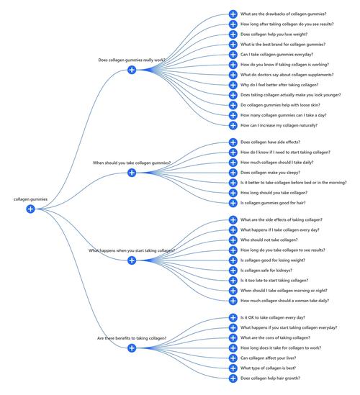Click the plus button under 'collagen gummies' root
pyautogui.click(x=30, y=209)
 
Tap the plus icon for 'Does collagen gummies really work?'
pyautogui.click(x=132, y=70)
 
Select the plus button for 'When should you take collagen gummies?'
pyautogui.click(x=132, y=173)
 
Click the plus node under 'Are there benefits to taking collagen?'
pyautogui.click(x=132, y=348)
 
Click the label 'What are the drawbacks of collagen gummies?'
pyautogui.click(x=283, y=14)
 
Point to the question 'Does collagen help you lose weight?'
pyautogui.click(x=274, y=35)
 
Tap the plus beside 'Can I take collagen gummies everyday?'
pyautogui.click(x=233, y=55)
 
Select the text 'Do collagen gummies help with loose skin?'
pyautogui.click(x=280, y=105)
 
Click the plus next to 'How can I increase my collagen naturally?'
pyautogui.click(x=233, y=125)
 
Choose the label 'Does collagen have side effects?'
pyautogui.click(x=270, y=142)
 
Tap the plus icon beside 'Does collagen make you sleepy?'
pyautogui.click(x=233, y=173)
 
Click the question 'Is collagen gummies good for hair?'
pyautogui.click(x=273, y=203)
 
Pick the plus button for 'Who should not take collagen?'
pyautogui.click(x=233, y=240)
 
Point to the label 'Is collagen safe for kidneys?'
pyautogui.click(x=266, y=271)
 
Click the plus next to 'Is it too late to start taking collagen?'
pyautogui.click(x=233, y=281)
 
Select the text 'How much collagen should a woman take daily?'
pyautogui.click(x=284, y=301)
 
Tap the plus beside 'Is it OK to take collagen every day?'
pyautogui.click(x=233, y=317)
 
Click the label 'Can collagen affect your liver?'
pyautogui.click(x=268, y=358)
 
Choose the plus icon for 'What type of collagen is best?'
pyautogui.click(x=233, y=368)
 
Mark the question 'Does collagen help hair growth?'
pyautogui.click(x=270, y=378)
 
